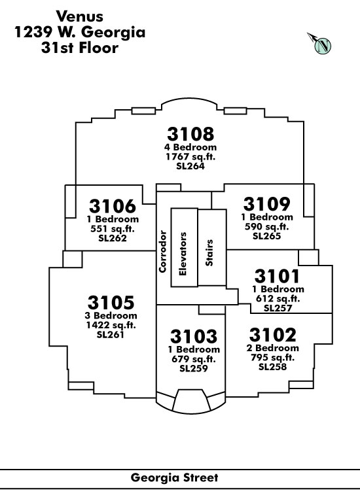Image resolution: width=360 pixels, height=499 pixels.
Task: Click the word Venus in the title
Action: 80,16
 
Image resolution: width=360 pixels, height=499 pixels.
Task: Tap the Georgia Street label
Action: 174,477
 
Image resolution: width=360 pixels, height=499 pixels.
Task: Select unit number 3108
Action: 190,134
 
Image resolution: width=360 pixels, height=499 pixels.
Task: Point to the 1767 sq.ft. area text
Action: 190,156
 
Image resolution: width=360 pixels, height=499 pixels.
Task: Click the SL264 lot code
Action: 190,166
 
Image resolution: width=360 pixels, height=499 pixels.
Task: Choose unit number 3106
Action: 113,206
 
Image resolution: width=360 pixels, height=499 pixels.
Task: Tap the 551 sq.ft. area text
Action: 113,228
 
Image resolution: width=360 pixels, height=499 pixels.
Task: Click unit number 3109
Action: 266,203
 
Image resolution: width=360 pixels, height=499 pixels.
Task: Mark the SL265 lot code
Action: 266,236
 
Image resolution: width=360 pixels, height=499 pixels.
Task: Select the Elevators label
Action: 183,254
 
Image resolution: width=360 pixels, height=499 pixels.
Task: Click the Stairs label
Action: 209,253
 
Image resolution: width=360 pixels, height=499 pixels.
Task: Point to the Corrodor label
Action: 162,252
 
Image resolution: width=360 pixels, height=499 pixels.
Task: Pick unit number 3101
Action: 277,276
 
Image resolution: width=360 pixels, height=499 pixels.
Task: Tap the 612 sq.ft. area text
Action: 278,298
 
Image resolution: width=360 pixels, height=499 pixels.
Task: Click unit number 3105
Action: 111,302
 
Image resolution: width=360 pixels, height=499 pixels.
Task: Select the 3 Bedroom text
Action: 111,316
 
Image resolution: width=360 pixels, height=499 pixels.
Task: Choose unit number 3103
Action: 194,336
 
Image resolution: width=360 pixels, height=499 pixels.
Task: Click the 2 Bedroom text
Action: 273,348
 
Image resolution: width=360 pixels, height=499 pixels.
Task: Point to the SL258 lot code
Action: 273,367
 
